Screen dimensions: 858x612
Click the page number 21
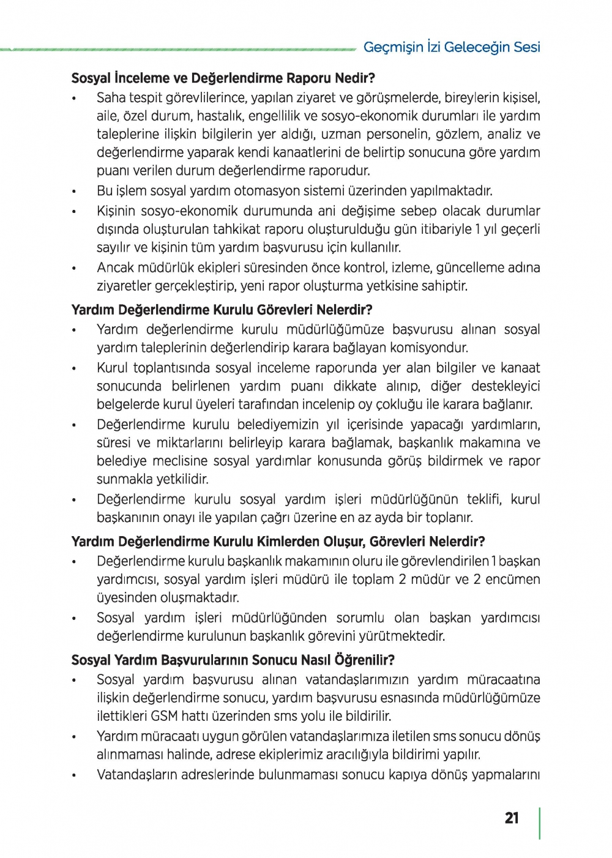point(512,818)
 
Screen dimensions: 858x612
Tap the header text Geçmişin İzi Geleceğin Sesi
point(452,47)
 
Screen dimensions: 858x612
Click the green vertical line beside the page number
point(539,823)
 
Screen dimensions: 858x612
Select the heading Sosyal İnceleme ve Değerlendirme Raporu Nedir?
point(223,78)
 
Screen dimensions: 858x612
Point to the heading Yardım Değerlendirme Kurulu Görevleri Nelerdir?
point(222,310)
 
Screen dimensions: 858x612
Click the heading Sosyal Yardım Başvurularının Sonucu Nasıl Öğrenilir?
point(233,660)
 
